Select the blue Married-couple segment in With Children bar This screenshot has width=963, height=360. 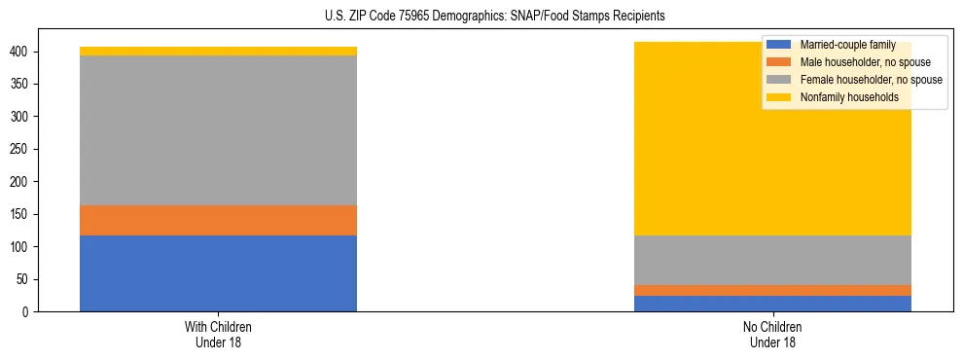pyautogui.click(x=218, y=273)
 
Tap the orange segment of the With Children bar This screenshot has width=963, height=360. pyautogui.click(x=218, y=220)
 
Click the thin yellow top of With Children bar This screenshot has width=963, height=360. pyautogui.click(x=218, y=51)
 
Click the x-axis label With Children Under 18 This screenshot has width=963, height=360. pyautogui.click(x=218, y=334)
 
